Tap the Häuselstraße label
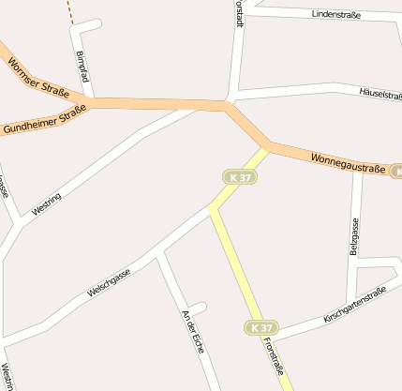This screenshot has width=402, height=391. pyautogui.click(x=379, y=94)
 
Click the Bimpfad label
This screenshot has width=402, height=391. pyautogui.click(x=82, y=67)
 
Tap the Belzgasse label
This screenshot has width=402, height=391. pyautogui.click(x=354, y=236)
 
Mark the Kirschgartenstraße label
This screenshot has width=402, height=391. pyautogui.click(x=355, y=306)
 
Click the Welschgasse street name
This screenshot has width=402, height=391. pyautogui.click(x=109, y=281)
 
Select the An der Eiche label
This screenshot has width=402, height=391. pyautogui.click(x=196, y=330)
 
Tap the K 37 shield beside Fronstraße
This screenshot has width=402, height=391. pyautogui.click(x=263, y=327)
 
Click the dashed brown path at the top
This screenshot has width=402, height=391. pyautogui.click(x=68, y=10)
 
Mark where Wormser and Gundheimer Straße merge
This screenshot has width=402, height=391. pyautogui.click(x=91, y=100)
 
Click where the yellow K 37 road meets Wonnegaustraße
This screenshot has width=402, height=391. pyautogui.click(x=268, y=147)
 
